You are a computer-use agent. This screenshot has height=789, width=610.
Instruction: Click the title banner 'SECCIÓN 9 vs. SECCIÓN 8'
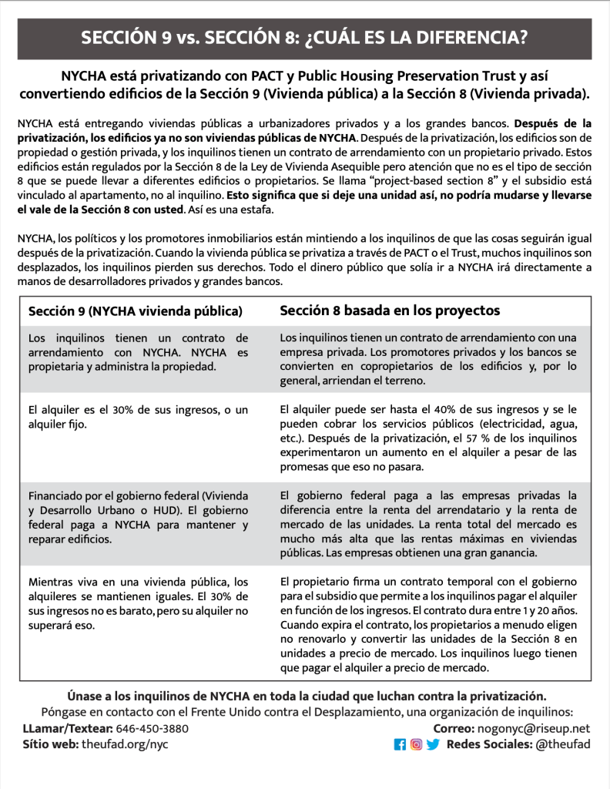(304, 39)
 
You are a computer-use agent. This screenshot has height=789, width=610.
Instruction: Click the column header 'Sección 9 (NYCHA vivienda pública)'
(136, 311)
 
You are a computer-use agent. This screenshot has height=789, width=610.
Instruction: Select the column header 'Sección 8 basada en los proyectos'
(390, 311)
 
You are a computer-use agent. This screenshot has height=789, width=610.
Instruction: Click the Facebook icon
(400, 744)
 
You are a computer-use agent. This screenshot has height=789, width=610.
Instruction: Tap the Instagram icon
(416, 744)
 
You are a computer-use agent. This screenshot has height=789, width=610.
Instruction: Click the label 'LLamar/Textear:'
(68, 728)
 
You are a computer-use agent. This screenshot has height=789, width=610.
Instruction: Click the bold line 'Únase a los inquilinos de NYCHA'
(306, 696)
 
